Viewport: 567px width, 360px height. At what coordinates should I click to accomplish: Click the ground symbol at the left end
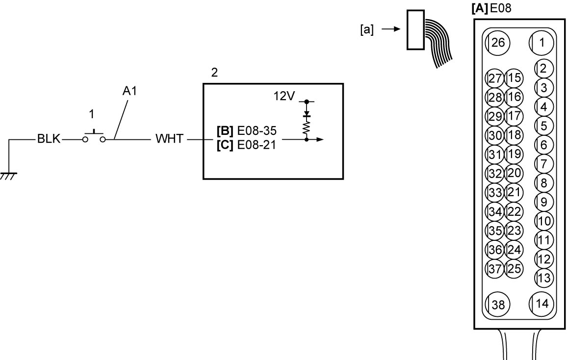tap(8, 176)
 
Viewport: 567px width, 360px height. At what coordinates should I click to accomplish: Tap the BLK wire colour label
tap(49, 139)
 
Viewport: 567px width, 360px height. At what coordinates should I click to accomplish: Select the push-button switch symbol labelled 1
tap(94, 137)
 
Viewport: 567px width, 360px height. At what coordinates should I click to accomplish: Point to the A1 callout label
tap(129, 91)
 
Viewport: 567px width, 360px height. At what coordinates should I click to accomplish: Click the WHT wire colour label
tap(169, 139)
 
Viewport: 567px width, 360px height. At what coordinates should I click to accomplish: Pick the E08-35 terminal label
tap(257, 130)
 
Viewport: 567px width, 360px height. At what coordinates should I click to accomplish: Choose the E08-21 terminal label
tap(257, 145)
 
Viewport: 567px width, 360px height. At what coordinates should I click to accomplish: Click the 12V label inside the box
tap(284, 96)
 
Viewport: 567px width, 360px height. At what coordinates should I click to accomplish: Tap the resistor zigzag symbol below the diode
tap(307, 128)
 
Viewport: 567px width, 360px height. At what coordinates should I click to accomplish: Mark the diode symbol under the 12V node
tap(307, 114)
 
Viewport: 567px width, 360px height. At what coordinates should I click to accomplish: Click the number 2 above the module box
tap(214, 73)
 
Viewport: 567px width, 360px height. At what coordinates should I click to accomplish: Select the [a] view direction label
tap(367, 29)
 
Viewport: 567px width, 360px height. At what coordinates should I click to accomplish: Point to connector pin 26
tap(497, 43)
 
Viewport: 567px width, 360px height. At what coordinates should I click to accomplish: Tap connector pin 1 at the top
tap(541, 43)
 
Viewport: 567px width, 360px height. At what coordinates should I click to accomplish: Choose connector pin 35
tap(495, 231)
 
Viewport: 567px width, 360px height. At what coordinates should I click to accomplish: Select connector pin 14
tap(541, 304)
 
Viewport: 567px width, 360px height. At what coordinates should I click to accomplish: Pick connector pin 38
tap(497, 305)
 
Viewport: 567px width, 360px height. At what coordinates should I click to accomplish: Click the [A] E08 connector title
tap(491, 8)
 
